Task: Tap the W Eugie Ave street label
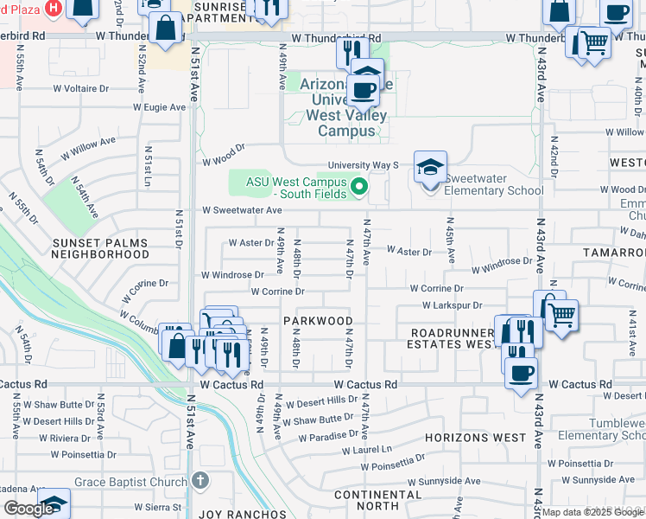pyautogui.click(x=160, y=108)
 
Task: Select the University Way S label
pyautogui.click(x=362, y=165)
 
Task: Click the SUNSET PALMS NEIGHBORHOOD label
pyautogui.click(x=99, y=249)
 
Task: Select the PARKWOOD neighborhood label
pyautogui.click(x=317, y=320)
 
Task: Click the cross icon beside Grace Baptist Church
pyautogui.click(x=200, y=478)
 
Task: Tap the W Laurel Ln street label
pyautogui.click(x=366, y=450)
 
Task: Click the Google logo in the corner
pyautogui.click(x=28, y=509)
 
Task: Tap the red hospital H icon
pyautogui.click(x=54, y=8)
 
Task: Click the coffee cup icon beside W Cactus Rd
pyautogui.click(x=521, y=374)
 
